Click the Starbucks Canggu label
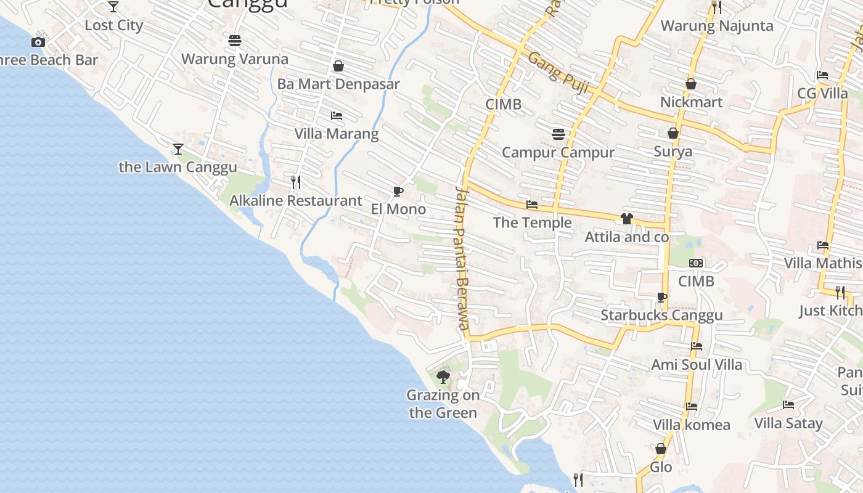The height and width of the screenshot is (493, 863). tap(661, 316)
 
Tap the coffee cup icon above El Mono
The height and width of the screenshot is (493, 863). tap(398, 192)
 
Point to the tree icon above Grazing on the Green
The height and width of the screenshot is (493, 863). tap(443, 377)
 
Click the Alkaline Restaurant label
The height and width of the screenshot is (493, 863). tap(296, 201)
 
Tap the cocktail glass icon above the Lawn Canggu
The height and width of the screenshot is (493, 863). tap(178, 149)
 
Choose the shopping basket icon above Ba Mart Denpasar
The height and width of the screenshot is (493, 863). tap(338, 66)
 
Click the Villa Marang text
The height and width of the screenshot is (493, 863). tap(336, 134)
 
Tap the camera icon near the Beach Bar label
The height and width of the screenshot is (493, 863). tap(38, 43)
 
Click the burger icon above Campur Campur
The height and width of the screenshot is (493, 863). tap(558, 134)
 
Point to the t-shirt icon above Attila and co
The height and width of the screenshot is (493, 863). tap(627, 219)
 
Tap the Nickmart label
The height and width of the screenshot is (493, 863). tap(691, 102)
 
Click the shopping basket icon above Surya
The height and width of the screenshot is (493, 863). tap(673, 134)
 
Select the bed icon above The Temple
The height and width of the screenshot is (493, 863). tap(532, 205)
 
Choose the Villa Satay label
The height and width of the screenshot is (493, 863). tap(788, 423)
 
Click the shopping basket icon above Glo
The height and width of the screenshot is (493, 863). tap(661, 449)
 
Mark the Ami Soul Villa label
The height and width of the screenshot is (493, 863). tap(697, 365)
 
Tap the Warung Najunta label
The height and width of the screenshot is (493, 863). tap(717, 26)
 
